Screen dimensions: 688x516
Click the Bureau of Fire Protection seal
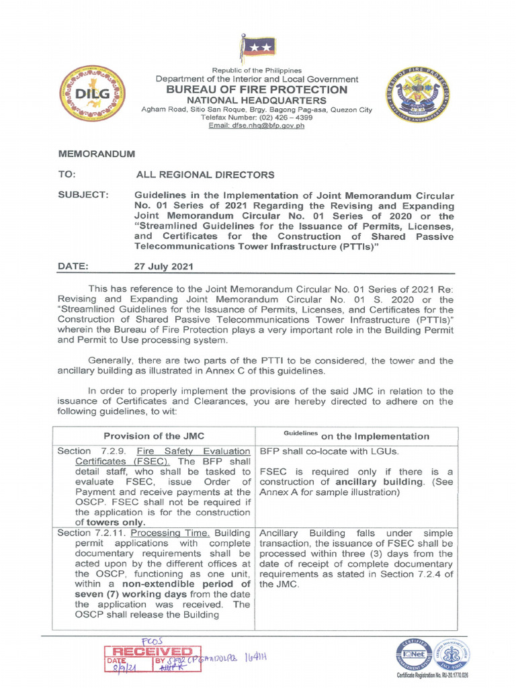click(x=413, y=94)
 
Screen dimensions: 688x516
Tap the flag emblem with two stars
click(x=253, y=49)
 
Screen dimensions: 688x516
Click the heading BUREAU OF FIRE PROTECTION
click(x=257, y=89)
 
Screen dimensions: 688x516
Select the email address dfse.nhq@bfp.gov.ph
click(x=257, y=126)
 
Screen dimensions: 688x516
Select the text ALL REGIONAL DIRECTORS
click(x=205, y=175)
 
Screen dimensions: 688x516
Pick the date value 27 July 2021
click(x=164, y=266)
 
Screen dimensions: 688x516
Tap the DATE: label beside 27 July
click(x=73, y=266)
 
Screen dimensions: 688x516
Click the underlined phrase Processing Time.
click(x=168, y=531)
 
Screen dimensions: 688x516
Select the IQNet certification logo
click(x=411, y=654)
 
